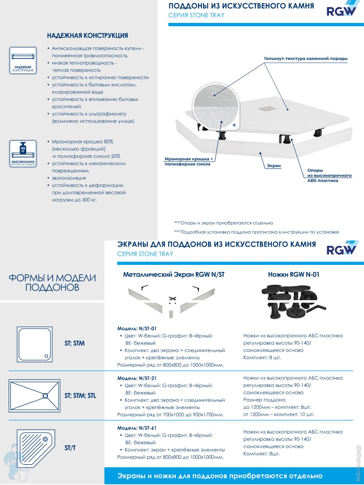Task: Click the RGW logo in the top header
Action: (341, 10)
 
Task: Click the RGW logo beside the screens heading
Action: (341, 249)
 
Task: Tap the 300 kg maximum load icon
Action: (23, 154)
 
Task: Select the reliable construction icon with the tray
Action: (23, 60)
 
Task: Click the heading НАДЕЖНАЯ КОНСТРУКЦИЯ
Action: (87, 36)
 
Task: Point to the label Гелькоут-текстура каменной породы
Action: (306, 59)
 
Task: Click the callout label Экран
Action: (274, 166)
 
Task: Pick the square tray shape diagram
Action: (34, 344)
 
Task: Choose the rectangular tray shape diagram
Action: (34, 396)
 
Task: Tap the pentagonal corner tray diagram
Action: (36, 448)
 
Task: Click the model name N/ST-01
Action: (137, 329)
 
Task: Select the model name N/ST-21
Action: (137, 378)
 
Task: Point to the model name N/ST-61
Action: (137, 428)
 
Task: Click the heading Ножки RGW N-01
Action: (293, 275)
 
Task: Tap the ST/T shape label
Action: (70, 448)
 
